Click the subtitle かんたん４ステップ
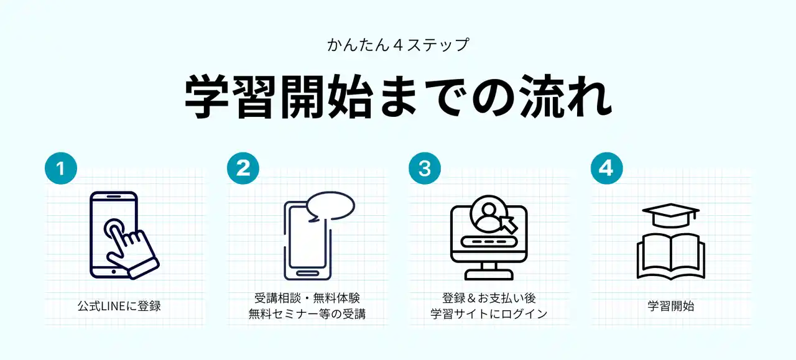(x=398, y=45)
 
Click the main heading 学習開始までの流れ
(x=399, y=96)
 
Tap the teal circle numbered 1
(x=61, y=168)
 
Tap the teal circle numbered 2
(x=243, y=168)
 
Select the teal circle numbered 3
(x=425, y=168)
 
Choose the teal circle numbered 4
(x=606, y=168)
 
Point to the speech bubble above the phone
(x=330, y=206)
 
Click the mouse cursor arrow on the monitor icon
(x=509, y=224)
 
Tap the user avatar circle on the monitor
(x=489, y=213)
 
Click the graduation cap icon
(x=670, y=215)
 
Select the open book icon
(x=670, y=257)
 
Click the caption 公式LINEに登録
(x=119, y=306)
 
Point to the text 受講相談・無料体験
(x=307, y=298)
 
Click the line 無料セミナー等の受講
(x=307, y=314)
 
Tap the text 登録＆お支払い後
(x=489, y=298)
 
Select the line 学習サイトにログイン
(x=489, y=314)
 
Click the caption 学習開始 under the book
(x=670, y=306)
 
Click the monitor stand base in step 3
(x=489, y=275)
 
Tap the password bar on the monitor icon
(x=489, y=242)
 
